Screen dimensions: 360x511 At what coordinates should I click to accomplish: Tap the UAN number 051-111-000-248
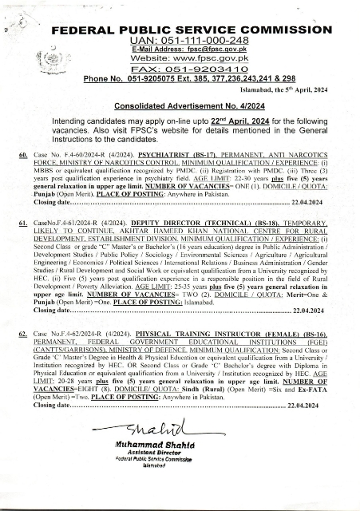199,40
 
